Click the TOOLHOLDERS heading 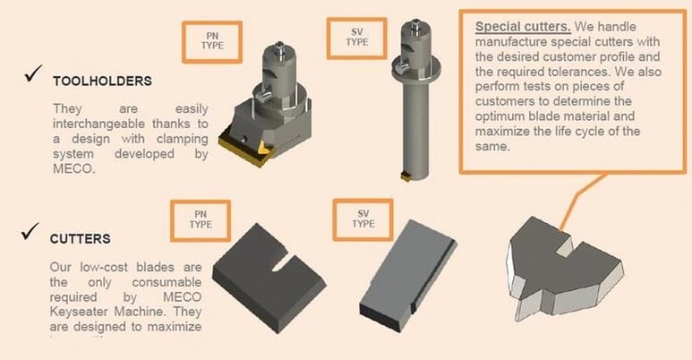[x=101, y=81]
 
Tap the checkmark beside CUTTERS [x=30, y=235]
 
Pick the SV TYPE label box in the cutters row [x=363, y=219]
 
